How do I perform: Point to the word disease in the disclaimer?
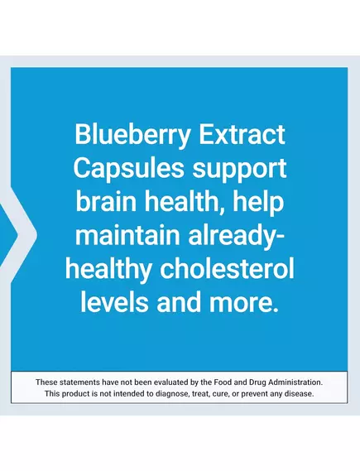[297, 393]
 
